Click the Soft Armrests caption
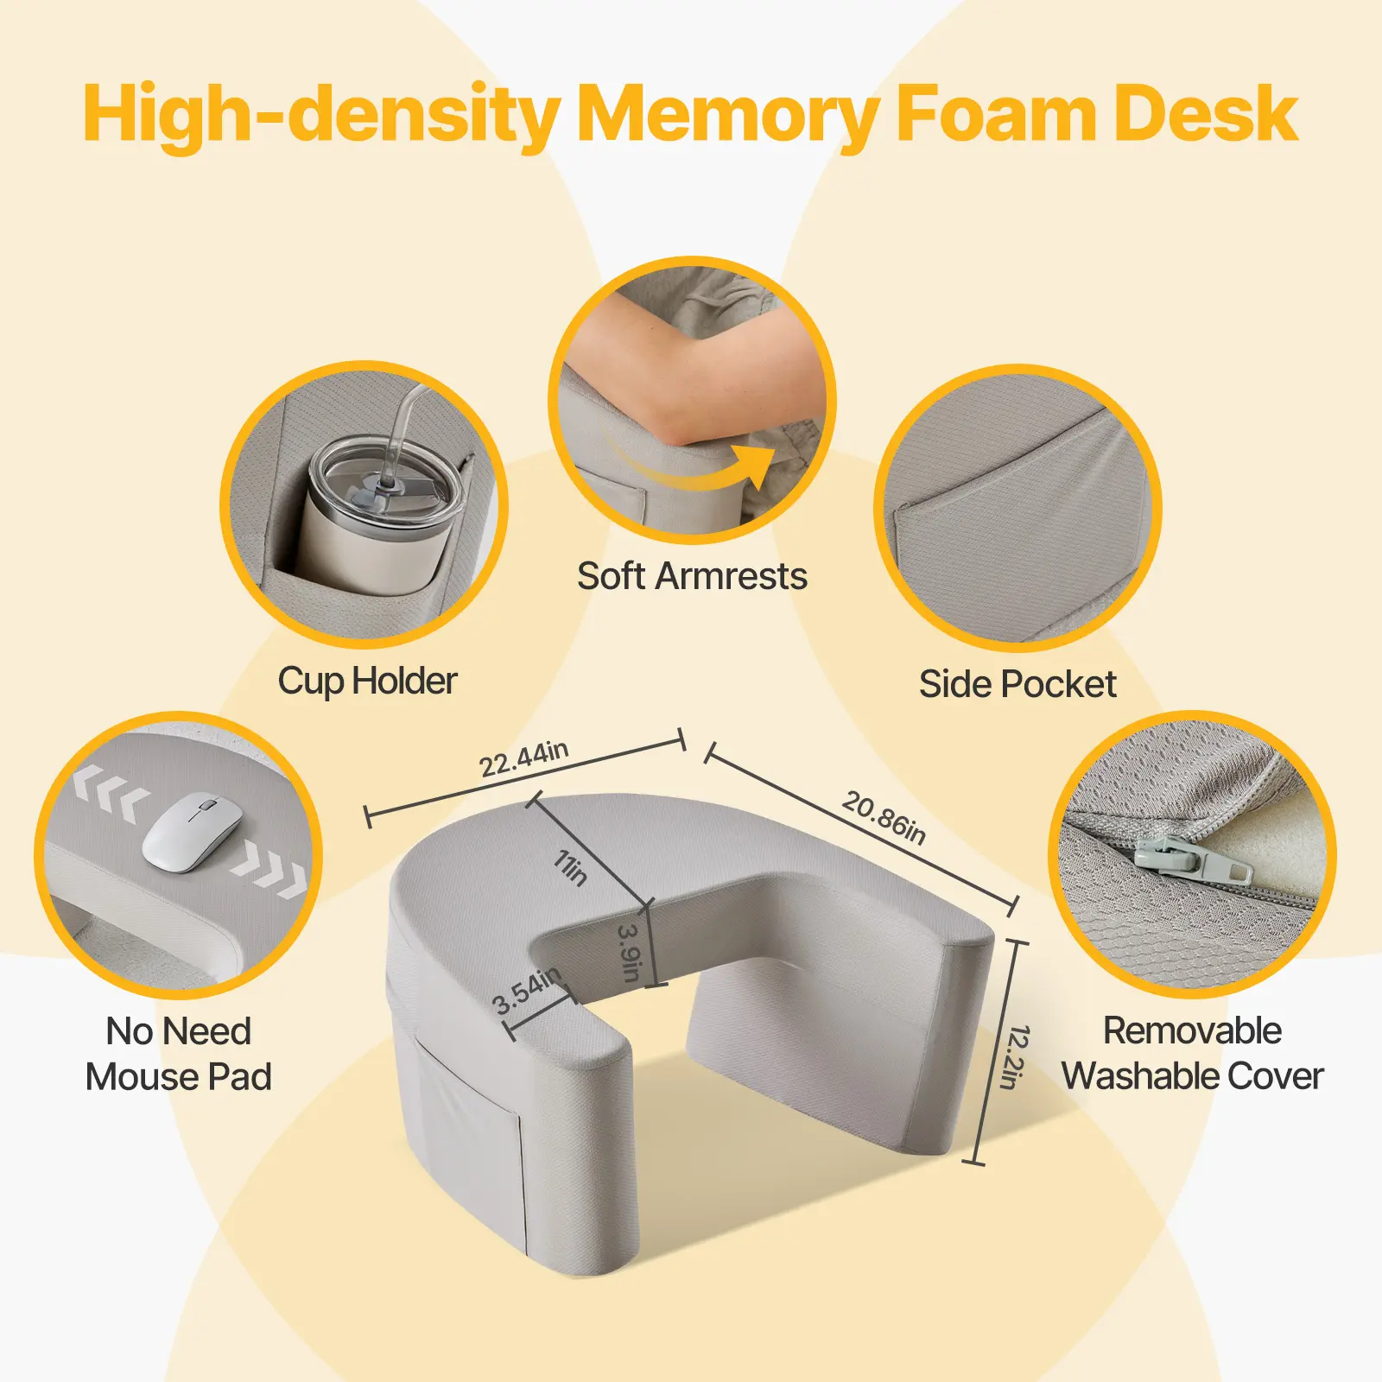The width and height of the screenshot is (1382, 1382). click(692, 576)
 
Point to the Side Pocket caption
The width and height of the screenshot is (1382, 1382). click(1017, 684)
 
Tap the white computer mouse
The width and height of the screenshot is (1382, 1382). click(192, 833)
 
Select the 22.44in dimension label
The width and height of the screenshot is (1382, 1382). click(524, 758)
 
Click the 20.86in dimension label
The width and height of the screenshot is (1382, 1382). click(884, 817)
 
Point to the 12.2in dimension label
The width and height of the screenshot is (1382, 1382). click(1016, 1056)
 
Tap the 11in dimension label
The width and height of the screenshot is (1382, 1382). click(571, 868)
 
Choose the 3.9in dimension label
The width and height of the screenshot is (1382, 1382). click(630, 954)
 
